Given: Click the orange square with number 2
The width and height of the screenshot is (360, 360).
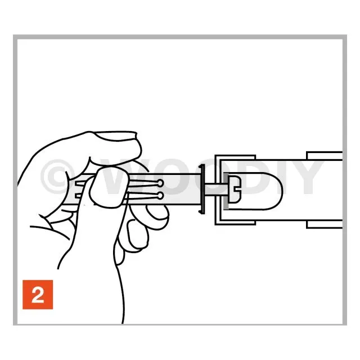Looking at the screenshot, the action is [38, 295].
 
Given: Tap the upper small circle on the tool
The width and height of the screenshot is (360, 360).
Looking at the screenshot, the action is [160, 183].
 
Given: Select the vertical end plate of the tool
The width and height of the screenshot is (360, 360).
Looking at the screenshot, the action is [202, 189].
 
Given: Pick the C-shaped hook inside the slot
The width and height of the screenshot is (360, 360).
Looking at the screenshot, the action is [235, 190].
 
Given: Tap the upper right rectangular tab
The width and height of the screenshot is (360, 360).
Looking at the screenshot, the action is [324, 156].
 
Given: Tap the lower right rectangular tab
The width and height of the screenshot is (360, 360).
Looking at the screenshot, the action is [324, 224].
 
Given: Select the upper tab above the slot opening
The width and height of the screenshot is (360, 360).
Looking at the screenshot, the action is [235, 157].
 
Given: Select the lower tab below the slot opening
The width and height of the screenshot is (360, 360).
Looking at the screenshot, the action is [235, 223].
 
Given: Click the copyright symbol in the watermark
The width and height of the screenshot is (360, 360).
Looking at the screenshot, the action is [57, 177].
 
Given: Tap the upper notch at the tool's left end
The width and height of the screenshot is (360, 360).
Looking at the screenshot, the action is [79, 183].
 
